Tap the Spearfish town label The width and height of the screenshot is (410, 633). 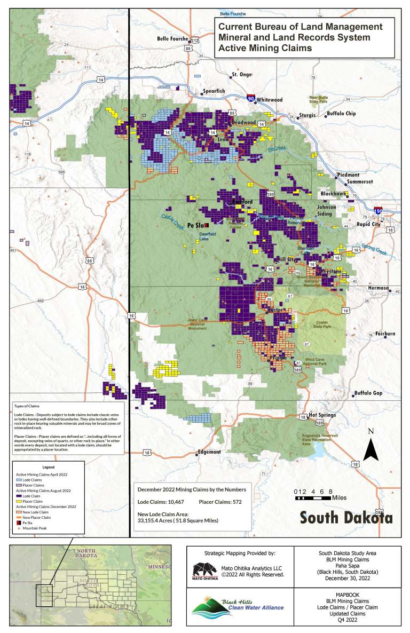pos(213,91)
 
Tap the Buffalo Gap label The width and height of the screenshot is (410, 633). pos(368,393)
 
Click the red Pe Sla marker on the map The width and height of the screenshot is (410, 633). pos(206,226)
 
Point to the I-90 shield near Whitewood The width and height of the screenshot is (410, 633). pos(250,98)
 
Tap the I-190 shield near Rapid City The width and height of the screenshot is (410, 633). pos(378,211)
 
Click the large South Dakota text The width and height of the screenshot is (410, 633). pos(345,518)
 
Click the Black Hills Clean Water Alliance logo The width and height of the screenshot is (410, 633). pos(238,607)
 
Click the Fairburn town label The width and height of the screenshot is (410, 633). pos(384,334)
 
